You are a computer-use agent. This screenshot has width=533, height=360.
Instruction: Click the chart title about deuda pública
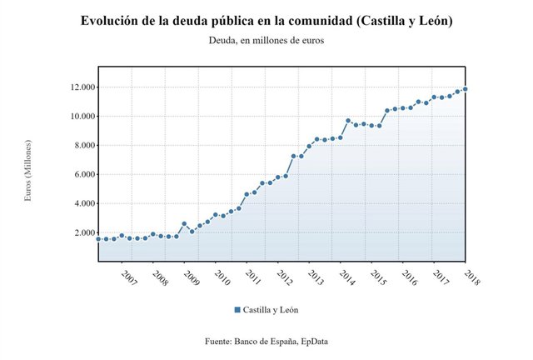266,20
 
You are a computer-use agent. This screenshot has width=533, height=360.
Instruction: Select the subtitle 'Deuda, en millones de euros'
266,40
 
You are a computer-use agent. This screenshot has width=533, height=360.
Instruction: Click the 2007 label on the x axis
127,277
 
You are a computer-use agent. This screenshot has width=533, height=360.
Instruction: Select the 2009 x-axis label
190,277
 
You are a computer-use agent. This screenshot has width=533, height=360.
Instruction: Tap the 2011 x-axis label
252,277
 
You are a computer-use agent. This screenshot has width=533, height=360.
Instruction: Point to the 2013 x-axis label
315,277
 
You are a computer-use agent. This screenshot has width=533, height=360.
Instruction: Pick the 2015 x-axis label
377,277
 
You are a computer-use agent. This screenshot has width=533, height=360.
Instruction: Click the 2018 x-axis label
471,277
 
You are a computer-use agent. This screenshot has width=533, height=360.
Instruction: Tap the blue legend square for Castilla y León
237,310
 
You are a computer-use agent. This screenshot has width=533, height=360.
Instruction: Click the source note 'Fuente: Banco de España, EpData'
266,342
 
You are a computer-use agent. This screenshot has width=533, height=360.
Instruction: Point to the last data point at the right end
465,89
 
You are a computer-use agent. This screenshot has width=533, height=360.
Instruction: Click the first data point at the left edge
99,239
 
